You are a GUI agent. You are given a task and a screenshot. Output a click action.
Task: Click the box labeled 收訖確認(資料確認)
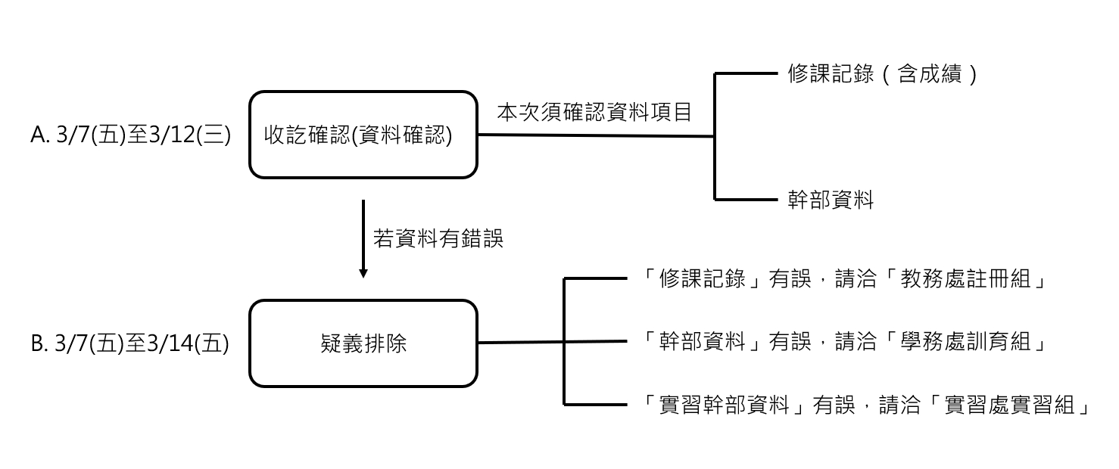pos(363,135)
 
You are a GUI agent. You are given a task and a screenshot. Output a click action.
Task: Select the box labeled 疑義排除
pos(363,343)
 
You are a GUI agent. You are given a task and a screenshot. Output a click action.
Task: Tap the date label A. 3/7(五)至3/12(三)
pos(130,135)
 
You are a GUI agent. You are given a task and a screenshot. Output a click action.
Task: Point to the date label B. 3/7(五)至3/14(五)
pos(129,344)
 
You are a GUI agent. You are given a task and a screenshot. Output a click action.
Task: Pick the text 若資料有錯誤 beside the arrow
pos(438,239)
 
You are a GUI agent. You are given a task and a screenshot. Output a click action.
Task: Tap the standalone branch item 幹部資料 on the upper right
pos(831,200)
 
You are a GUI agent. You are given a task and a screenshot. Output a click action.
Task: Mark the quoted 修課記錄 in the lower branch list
pos(703,279)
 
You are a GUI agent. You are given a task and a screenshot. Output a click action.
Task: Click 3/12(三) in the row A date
pos(189,135)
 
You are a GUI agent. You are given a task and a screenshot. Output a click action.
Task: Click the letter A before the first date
pos(38,135)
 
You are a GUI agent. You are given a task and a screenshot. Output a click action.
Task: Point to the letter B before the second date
pos(38,344)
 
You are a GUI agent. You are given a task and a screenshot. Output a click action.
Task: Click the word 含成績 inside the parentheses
pos(928,74)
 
